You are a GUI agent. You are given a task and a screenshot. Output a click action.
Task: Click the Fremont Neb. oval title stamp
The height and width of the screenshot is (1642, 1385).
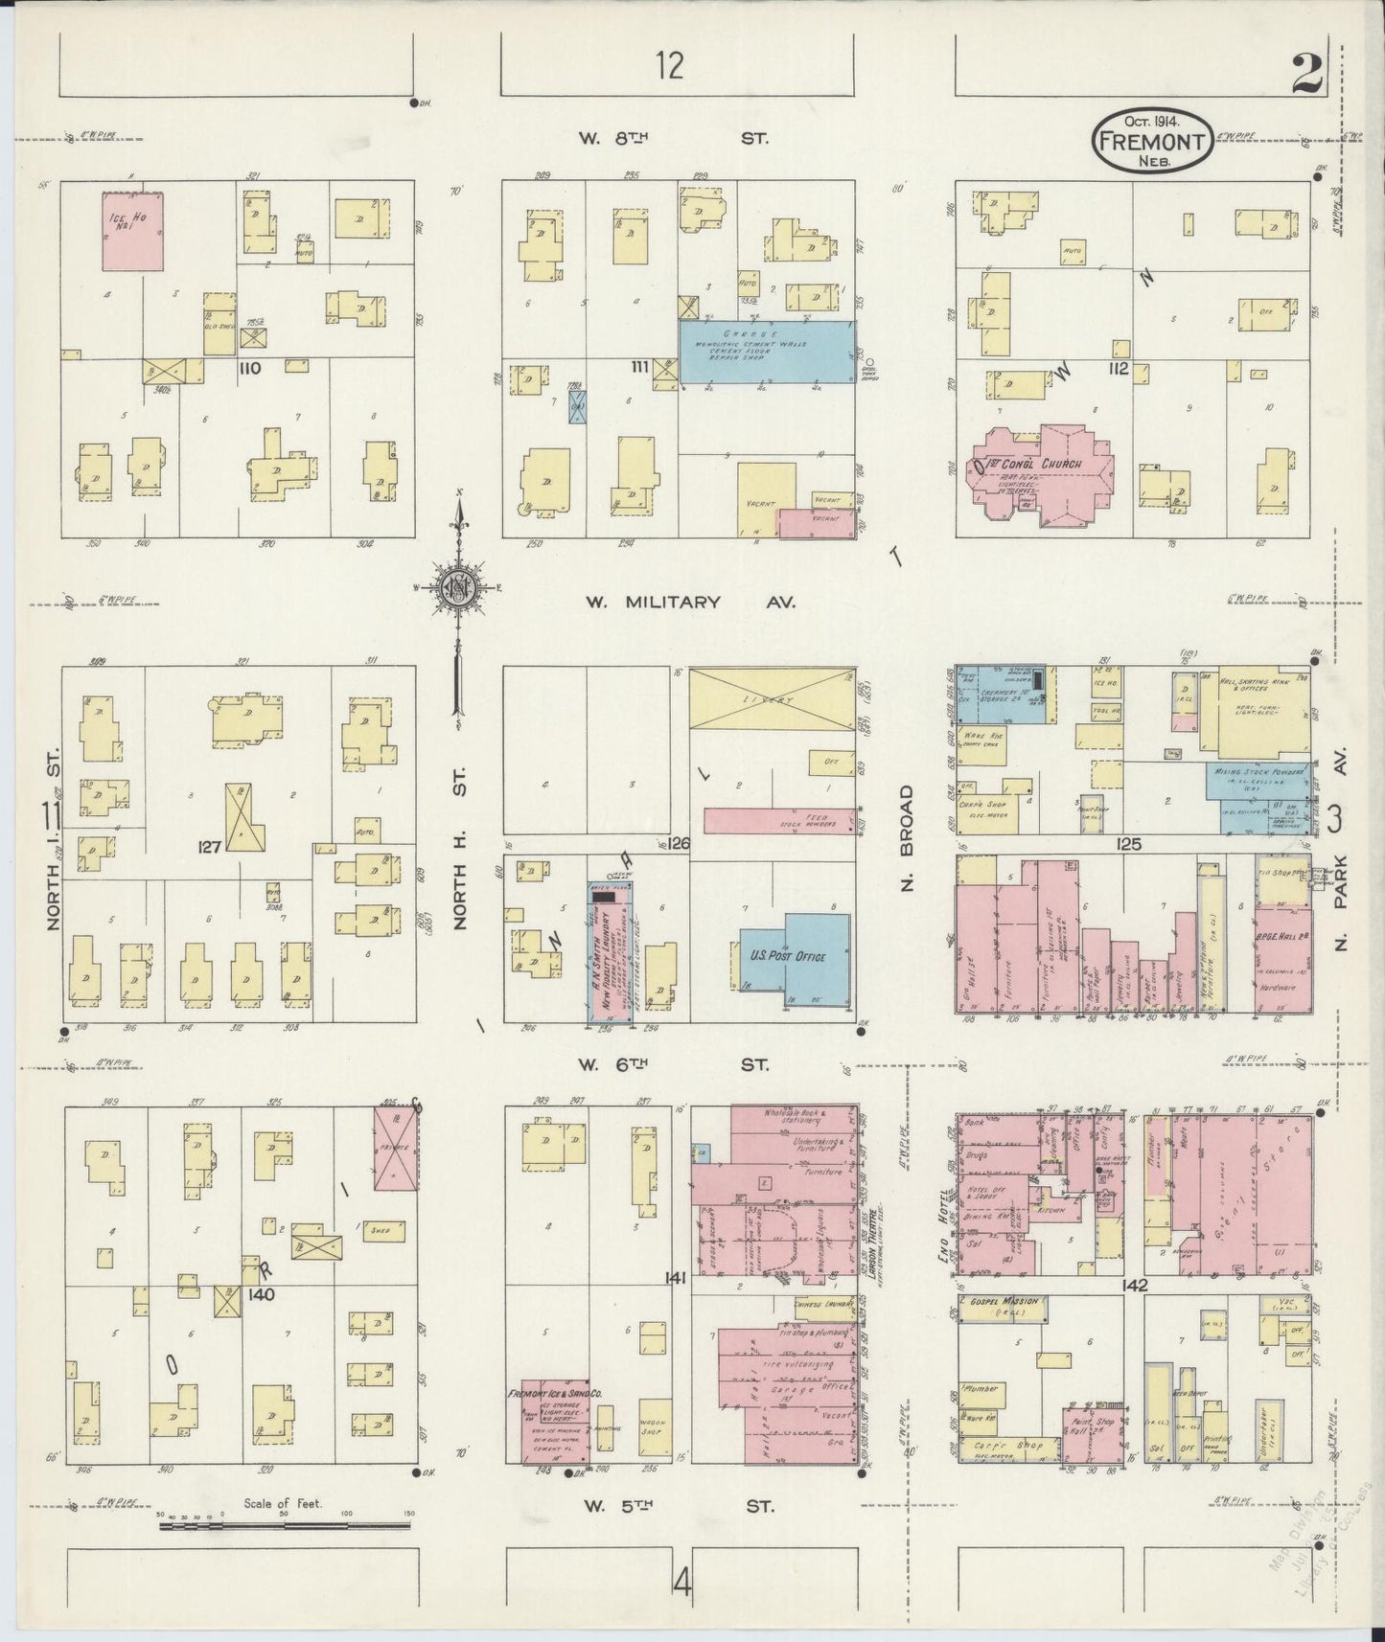point(1152,140)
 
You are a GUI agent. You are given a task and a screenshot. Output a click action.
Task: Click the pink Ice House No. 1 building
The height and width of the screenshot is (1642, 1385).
point(133,230)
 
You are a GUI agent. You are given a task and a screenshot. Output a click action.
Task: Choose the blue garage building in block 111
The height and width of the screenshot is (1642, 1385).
point(767,352)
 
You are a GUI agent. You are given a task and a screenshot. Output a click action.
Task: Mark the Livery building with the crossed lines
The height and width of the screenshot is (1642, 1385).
point(772,701)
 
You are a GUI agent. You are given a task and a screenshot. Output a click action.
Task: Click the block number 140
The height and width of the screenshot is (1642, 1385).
point(261,1293)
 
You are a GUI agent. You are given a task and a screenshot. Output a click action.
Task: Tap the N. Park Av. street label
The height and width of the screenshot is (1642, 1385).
point(1340,902)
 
